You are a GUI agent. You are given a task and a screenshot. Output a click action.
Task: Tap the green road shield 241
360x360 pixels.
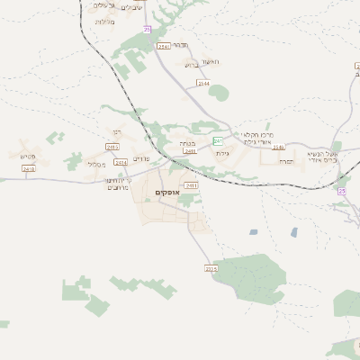(218, 141)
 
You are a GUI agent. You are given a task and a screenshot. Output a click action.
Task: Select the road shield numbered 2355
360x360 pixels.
(211, 268)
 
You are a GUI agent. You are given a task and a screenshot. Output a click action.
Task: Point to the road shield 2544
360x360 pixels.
(203, 83)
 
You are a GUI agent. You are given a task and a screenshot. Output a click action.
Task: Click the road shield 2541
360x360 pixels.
(163, 46)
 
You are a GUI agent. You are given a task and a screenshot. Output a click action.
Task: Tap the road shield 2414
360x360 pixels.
(121, 162)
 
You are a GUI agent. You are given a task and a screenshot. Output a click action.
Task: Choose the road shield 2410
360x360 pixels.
(29, 168)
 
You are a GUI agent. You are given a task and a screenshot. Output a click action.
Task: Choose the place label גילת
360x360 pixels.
(223, 154)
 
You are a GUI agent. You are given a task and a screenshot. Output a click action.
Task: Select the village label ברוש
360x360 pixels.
(190, 65)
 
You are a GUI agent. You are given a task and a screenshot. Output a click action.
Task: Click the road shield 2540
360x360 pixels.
(278, 147)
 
